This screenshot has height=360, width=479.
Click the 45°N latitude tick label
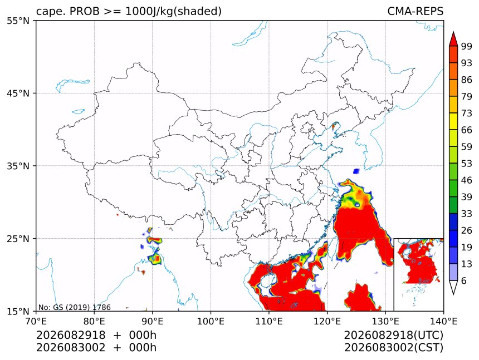click(x=18, y=93)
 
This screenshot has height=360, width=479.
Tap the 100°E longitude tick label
click(x=211, y=321)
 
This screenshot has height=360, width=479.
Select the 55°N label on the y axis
click(x=18, y=21)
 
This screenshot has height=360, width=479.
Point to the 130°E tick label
click(x=385, y=321)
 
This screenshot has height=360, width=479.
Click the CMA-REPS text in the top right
click(x=415, y=11)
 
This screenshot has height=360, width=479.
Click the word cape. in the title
click(x=50, y=12)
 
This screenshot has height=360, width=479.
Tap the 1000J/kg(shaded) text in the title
click(x=174, y=12)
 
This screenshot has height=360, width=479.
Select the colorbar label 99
click(x=467, y=46)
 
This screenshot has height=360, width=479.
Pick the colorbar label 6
click(x=464, y=280)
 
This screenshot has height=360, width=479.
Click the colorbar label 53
click(x=467, y=164)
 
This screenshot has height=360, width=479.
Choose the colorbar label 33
click(x=467, y=214)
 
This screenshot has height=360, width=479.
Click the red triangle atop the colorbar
click(x=453, y=39)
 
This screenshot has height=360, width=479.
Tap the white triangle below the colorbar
click(x=453, y=288)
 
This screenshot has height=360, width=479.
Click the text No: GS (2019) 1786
click(x=75, y=307)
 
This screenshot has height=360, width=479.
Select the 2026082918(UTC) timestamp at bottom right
click(x=393, y=335)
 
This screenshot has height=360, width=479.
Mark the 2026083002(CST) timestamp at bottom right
click(x=393, y=348)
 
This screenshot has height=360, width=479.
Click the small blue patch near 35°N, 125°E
click(x=356, y=171)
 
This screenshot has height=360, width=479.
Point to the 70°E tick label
click(x=36, y=321)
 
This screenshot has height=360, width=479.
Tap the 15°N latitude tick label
click(x=18, y=311)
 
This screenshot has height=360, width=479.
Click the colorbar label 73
click(x=467, y=113)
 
